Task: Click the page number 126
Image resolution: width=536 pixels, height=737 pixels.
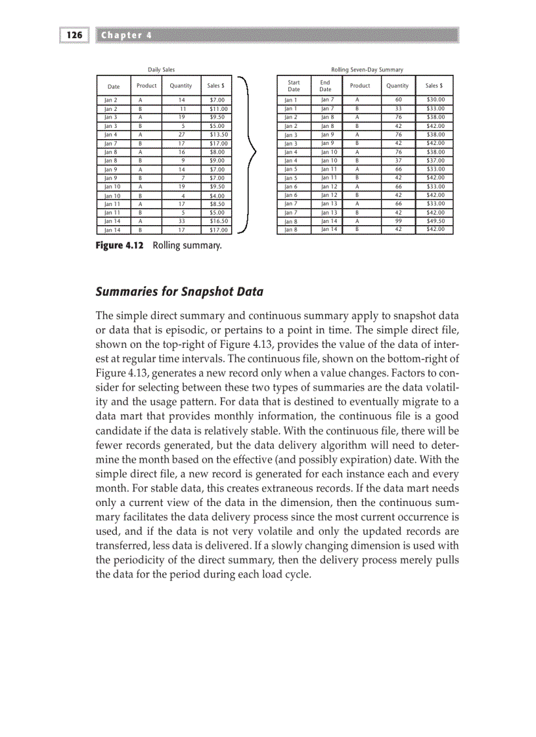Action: pos(74,35)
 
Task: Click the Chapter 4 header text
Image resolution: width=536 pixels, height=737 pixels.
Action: pos(125,35)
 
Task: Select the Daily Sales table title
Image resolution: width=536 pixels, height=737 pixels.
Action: pos(161,69)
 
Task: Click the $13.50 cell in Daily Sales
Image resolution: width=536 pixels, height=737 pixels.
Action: pos(217,133)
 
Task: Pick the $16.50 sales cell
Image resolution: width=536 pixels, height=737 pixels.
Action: pos(217,222)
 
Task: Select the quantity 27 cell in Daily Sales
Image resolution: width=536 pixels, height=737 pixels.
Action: pos(181,133)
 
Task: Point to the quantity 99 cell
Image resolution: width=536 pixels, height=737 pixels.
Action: pos(397,221)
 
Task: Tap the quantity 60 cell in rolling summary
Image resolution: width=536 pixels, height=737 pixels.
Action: pos(397,98)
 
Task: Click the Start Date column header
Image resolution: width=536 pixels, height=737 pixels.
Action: pos(294,85)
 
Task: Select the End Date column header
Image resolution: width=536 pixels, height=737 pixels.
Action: pos(325,85)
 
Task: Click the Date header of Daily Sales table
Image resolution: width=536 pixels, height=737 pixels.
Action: pos(114,86)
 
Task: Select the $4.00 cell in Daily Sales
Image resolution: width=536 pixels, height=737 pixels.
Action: pos(217,195)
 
